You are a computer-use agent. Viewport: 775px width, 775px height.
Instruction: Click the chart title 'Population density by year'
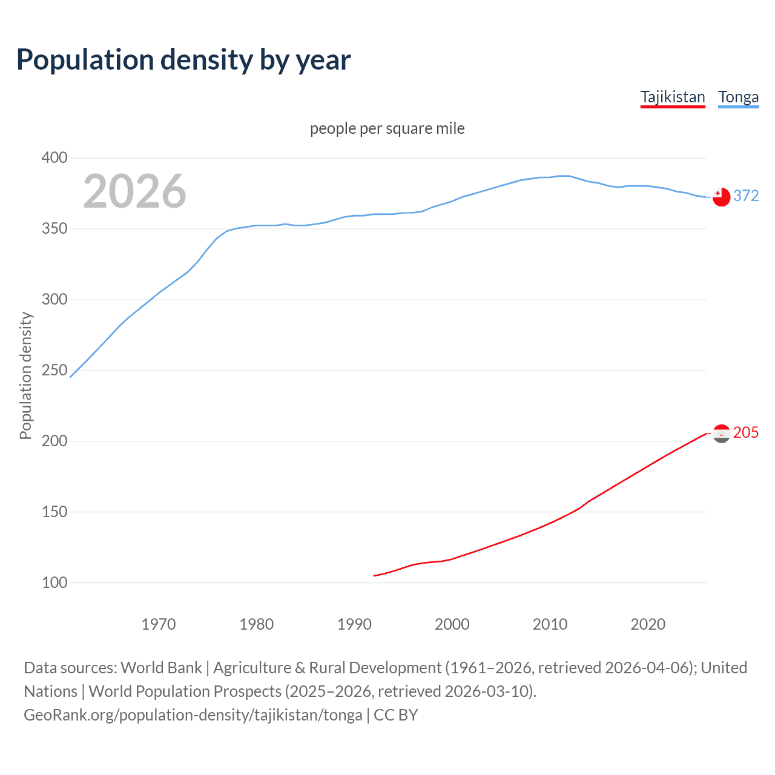(x=183, y=60)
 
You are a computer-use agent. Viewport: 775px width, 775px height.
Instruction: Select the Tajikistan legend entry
(x=673, y=97)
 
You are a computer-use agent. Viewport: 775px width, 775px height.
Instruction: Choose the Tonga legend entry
(x=738, y=97)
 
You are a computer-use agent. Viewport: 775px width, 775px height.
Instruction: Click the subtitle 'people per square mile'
(x=387, y=129)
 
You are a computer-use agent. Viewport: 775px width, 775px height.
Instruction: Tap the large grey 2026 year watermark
(x=134, y=191)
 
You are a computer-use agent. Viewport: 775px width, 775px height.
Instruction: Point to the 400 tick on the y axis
(x=54, y=158)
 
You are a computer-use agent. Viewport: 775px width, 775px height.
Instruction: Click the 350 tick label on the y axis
(x=54, y=229)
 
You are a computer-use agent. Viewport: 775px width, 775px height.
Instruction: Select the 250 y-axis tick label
(x=54, y=370)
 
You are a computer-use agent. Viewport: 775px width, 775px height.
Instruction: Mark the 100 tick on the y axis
(x=54, y=582)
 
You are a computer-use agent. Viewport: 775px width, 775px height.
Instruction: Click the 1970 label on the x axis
(x=159, y=624)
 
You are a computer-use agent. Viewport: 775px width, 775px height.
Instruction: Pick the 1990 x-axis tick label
(x=354, y=624)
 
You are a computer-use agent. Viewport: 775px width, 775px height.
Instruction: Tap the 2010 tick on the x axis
(x=550, y=624)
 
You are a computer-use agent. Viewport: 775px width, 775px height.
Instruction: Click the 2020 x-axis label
(x=648, y=624)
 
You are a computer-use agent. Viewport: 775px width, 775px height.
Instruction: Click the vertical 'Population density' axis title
(x=25, y=375)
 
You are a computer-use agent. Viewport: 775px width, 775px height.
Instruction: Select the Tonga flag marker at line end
(x=721, y=197)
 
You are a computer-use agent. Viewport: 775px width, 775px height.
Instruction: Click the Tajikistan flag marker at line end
(x=721, y=434)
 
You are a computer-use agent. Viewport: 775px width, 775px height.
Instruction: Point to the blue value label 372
(x=746, y=196)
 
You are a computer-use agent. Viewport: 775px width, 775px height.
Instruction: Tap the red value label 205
(x=746, y=432)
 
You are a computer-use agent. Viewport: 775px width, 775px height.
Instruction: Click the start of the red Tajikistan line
(x=374, y=576)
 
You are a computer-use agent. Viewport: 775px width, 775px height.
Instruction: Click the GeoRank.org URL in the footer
(x=193, y=715)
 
